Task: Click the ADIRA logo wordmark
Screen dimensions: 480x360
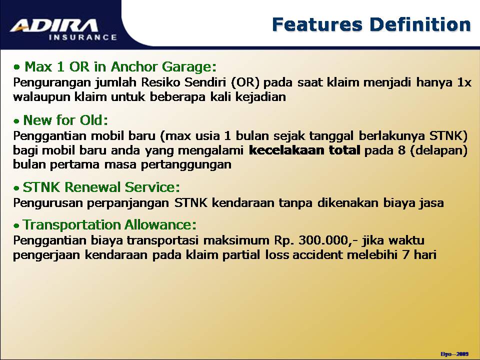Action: [x=54, y=25]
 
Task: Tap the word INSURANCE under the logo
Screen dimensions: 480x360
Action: [x=83, y=37]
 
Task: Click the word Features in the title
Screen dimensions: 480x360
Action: [x=317, y=24]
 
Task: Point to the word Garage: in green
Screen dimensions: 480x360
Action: [x=189, y=67]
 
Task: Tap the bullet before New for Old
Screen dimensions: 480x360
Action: [x=16, y=121]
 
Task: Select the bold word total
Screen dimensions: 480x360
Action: [x=344, y=150]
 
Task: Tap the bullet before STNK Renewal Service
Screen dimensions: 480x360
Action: [x=16, y=188]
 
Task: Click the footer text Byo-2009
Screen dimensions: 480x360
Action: [x=454, y=354]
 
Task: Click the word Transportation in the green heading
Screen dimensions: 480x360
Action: [x=70, y=225]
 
